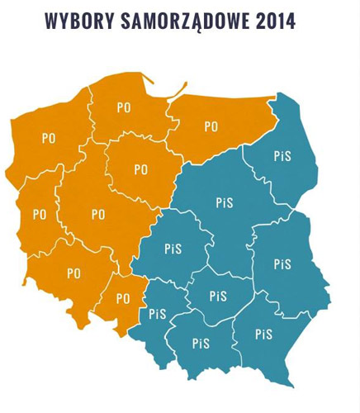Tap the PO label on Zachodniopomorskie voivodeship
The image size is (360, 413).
point(49,139)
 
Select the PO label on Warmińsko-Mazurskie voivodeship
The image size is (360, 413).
point(211,127)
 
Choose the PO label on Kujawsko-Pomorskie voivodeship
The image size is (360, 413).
point(141,169)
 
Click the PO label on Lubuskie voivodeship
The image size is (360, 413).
point(40,214)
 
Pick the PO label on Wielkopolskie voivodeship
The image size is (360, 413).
point(98,214)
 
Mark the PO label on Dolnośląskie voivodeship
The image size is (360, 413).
point(73,273)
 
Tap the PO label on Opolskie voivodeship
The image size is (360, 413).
point(123,298)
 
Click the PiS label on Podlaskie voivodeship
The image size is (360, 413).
point(282,156)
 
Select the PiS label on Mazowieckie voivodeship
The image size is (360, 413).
point(225,202)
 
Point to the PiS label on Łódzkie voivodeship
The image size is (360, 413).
point(173,248)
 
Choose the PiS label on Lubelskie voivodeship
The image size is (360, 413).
point(283,264)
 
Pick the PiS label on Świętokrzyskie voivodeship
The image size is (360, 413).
point(218,296)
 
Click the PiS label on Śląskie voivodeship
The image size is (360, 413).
point(157,314)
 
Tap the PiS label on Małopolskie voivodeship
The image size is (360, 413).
point(201,344)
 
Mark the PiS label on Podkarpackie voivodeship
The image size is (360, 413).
point(264,334)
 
